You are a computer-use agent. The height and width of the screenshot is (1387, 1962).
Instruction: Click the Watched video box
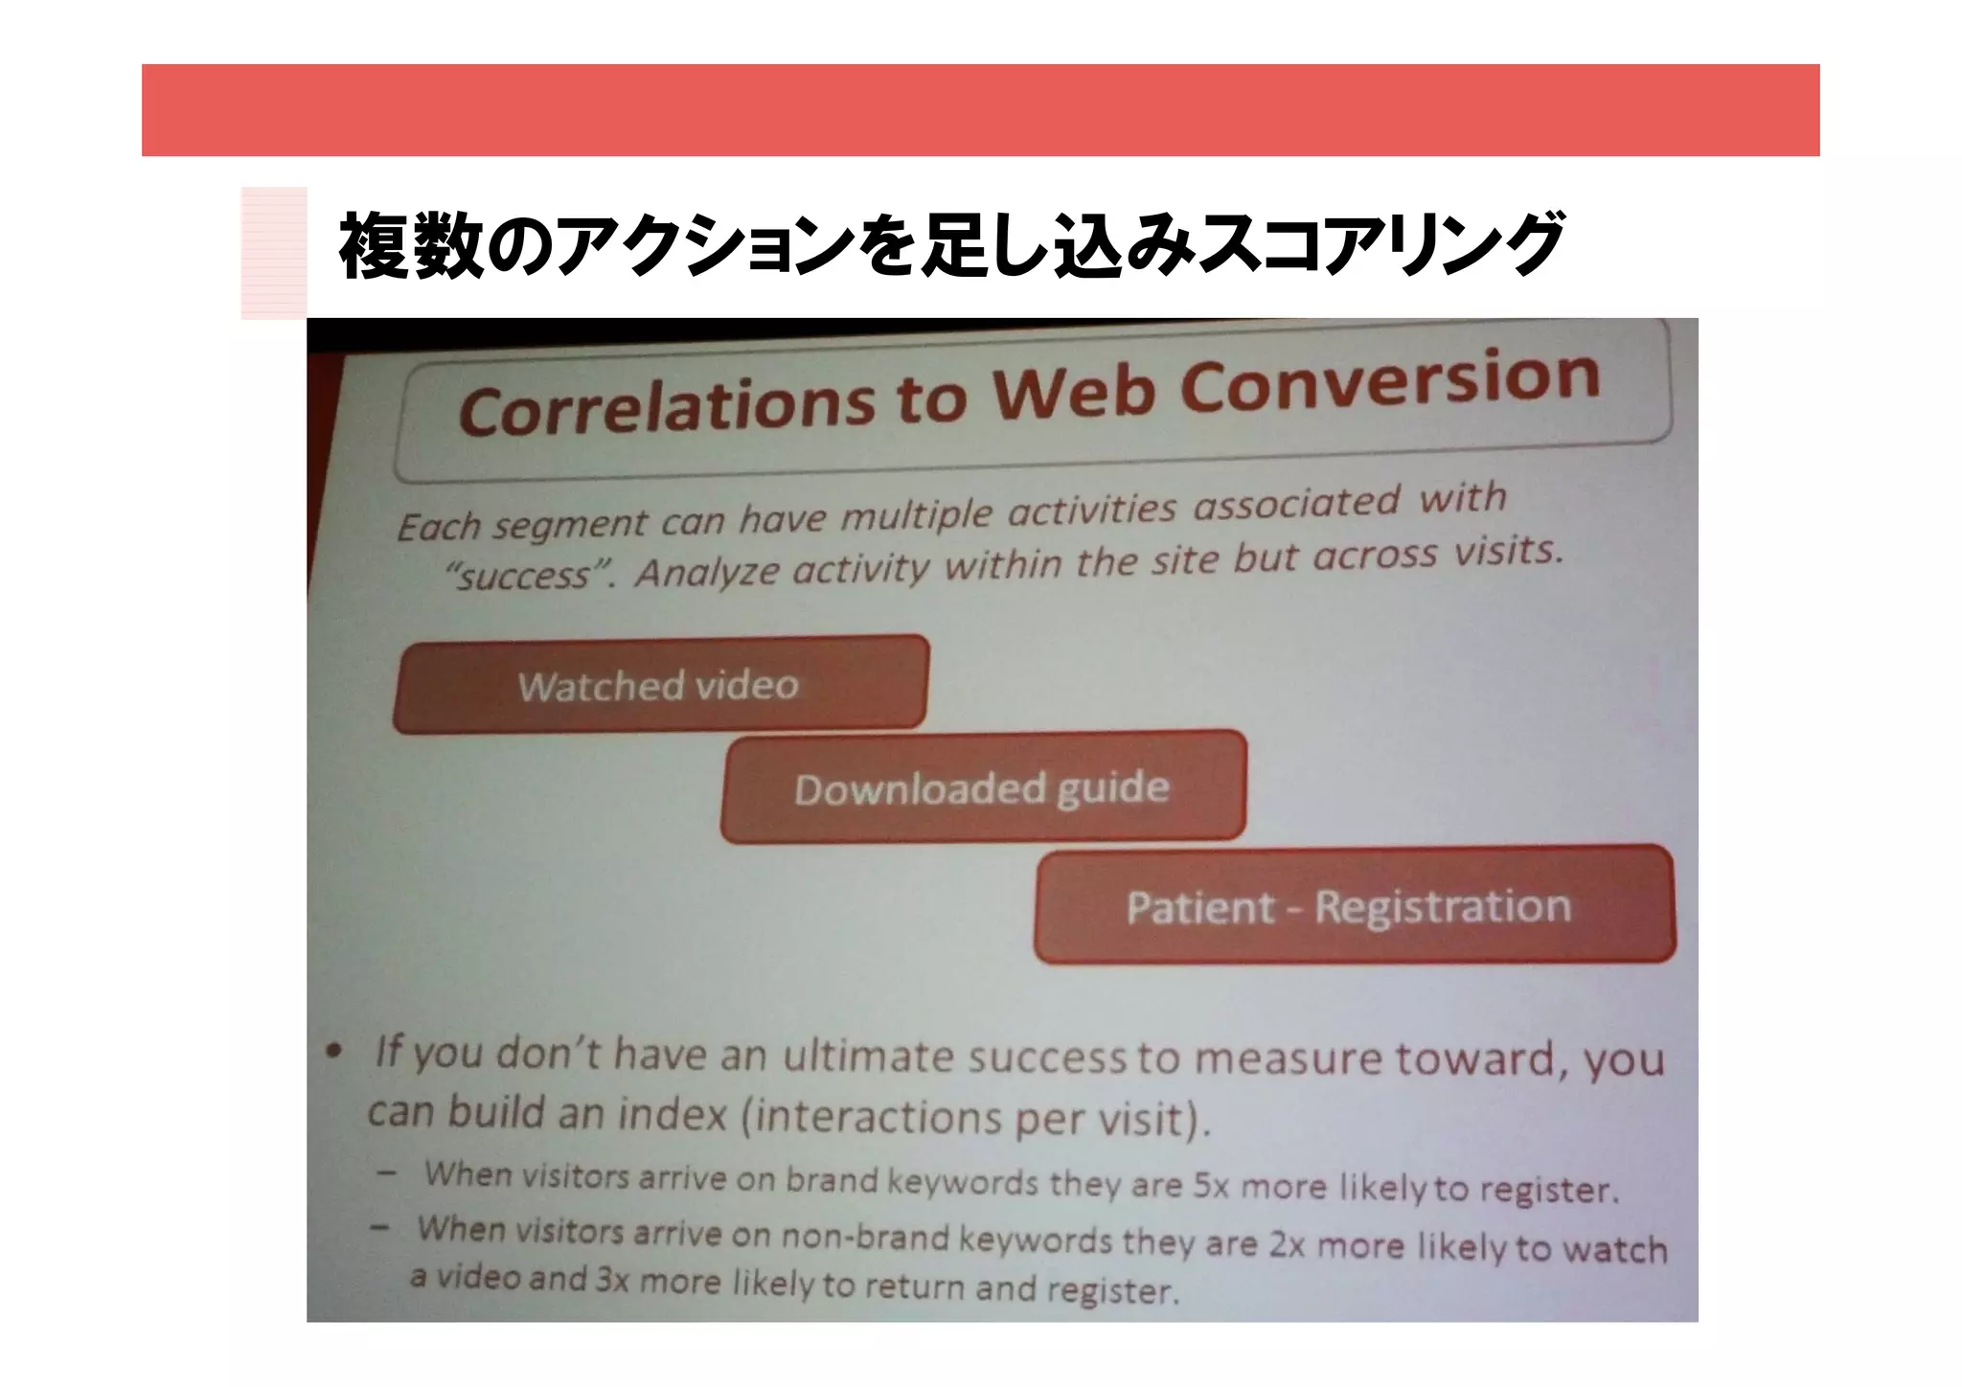click(660, 684)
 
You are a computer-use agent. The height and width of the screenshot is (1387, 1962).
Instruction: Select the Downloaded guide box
click(982, 788)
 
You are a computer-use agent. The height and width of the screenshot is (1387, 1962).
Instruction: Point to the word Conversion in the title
click(1389, 379)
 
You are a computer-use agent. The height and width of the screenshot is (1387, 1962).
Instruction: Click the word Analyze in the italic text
click(707, 572)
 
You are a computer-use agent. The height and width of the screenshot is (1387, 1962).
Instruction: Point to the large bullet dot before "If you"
click(332, 1052)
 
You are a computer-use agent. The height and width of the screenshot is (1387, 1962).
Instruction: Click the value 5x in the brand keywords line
click(1215, 1186)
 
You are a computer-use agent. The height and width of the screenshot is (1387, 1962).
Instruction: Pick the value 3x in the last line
click(612, 1280)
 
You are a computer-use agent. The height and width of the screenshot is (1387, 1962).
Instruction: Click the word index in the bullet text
click(672, 1114)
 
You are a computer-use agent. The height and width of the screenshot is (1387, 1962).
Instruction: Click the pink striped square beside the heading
click(274, 253)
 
